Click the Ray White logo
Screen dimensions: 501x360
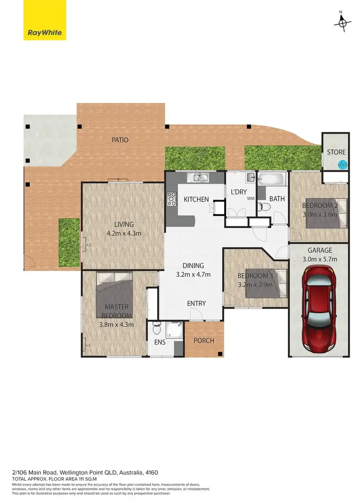pyautogui.click(x=45, y=33)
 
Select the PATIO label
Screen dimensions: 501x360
pyautogui.click(x=120, y=140)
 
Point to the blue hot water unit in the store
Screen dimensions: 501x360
pyautogui.click(x=342, y=165)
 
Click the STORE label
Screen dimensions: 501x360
pyautogui.click(x=336, y=152)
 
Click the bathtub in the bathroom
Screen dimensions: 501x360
pyautogui.click(x=271, y=181)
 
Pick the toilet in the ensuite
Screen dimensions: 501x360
pyautogui.click(x=156, y=331)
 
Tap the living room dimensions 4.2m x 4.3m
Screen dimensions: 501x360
pyautogui.click(x=124, y=234)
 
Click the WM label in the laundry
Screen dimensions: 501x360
pyautogui.click(x=250, y=198)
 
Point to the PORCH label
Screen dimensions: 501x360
pyautogui.click(x=204, y=341)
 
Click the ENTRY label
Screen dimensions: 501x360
pyautogui.click(x=196, y=303)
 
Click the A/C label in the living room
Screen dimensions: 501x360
pyautogui.click(x=88, y=245)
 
